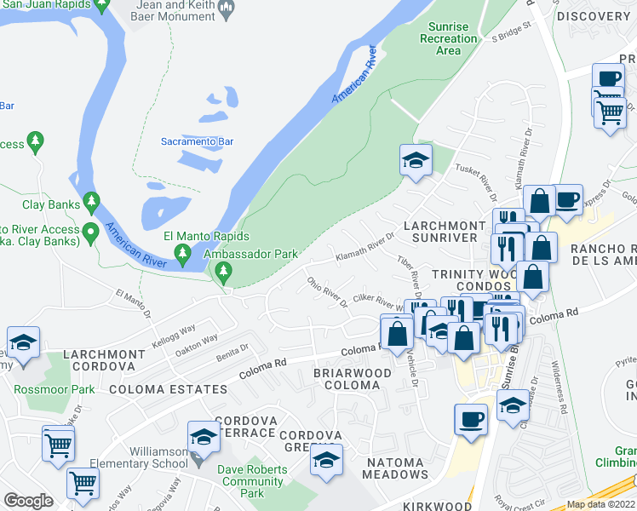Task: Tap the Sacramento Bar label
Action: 198,141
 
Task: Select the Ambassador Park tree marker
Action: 223,273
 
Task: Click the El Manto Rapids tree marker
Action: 181,253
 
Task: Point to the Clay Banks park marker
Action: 91,204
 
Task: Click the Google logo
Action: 28,500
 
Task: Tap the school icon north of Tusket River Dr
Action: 416,160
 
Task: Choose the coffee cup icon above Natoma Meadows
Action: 470,420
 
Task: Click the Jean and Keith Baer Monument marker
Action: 227,10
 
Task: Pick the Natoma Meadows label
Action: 386,474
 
